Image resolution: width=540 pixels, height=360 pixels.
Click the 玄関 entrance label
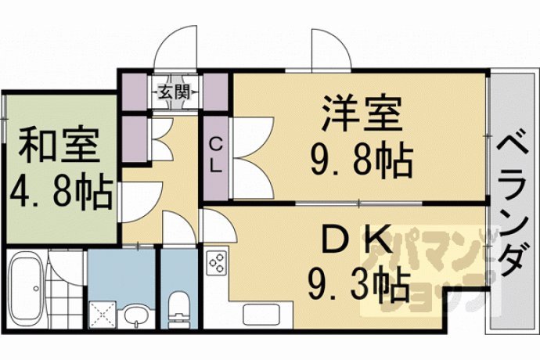click(174, 92)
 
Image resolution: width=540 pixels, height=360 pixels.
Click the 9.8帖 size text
click(362, 160)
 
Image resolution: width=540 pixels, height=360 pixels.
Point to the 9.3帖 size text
click(359, 285)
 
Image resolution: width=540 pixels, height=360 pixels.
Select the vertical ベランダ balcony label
click(513, 204)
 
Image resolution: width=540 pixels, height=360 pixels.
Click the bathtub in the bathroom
click(26, 287)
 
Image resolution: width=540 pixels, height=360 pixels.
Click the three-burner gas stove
click(217, 263)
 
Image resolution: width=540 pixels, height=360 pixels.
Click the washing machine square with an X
click(103, 315)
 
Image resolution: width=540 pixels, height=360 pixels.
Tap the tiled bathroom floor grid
click(65, 303)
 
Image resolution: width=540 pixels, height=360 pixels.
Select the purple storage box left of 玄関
click(135, 92)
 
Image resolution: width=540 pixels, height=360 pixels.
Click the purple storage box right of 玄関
click(215, 92)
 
